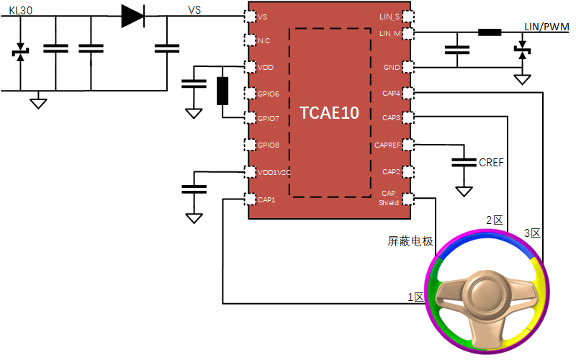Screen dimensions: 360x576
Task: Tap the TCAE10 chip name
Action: coord(330,114)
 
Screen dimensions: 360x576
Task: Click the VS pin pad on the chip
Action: coord(251,17)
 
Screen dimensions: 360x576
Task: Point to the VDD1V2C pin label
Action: coord(274,172)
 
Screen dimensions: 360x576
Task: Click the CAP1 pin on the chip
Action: coord(251,199)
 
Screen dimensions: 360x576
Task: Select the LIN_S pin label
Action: coord(390,17)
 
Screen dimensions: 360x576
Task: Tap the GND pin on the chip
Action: coord(408,67)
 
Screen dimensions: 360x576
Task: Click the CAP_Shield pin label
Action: coord(389,198)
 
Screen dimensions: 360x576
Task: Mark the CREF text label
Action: coord(491,163)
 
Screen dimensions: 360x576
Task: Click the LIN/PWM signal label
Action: coord(547,27)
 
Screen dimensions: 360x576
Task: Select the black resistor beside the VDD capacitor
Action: coord(222,91)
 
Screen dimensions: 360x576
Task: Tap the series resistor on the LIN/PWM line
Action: coord(490,32)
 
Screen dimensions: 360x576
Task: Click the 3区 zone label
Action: coord(531,233)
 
